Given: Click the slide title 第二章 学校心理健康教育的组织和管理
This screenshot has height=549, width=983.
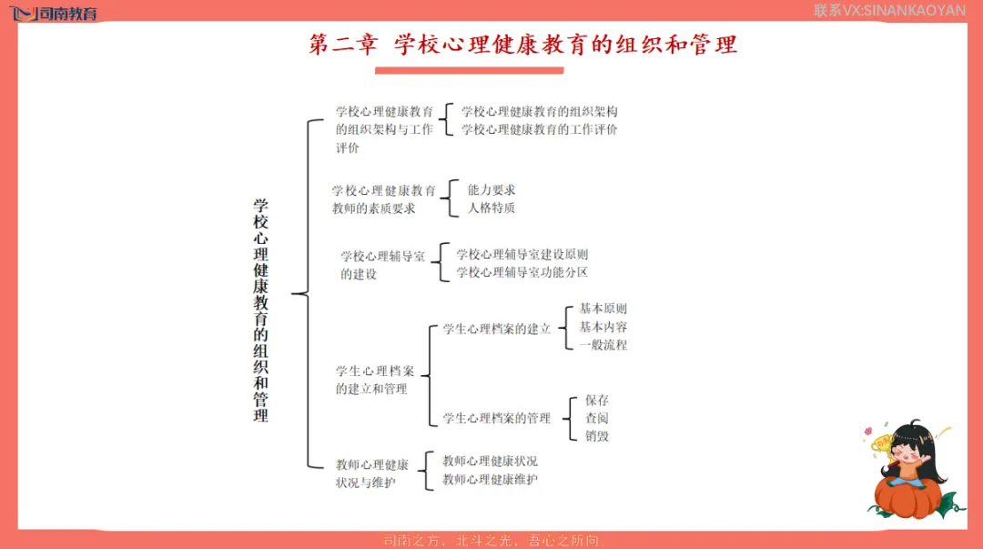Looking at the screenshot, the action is (522, 45).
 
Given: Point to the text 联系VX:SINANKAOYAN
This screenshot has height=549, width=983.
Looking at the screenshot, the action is (889, 11).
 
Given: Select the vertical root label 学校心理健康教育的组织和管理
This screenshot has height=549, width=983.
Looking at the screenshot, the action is (261, 310).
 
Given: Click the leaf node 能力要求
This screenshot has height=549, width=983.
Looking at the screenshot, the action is (491, 190).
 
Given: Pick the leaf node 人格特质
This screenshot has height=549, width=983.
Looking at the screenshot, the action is (491, 208).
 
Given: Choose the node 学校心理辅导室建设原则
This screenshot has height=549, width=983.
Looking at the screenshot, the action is (522, 255).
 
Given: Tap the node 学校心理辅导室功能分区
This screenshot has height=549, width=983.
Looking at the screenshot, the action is (522, 272).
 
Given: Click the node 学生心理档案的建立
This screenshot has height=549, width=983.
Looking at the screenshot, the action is (497, 329).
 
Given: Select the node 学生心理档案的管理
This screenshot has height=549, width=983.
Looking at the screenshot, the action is (497, 418).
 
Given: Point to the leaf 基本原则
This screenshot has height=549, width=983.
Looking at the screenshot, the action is (603, 310).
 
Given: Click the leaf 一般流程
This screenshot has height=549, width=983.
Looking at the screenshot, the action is (603, 345).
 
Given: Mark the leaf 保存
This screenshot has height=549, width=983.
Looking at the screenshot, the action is (597, 401).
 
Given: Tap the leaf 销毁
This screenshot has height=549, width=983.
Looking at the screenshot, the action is (597, 436).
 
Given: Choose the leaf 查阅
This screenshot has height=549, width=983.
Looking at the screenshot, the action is (597, 419).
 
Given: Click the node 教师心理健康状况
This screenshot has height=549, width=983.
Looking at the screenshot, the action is (490, 462).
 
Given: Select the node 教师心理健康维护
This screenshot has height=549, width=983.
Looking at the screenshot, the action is (490, 480).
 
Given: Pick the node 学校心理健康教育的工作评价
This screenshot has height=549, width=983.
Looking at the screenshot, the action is (539, 129).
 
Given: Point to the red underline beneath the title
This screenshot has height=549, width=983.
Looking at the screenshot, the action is (470, 70).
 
